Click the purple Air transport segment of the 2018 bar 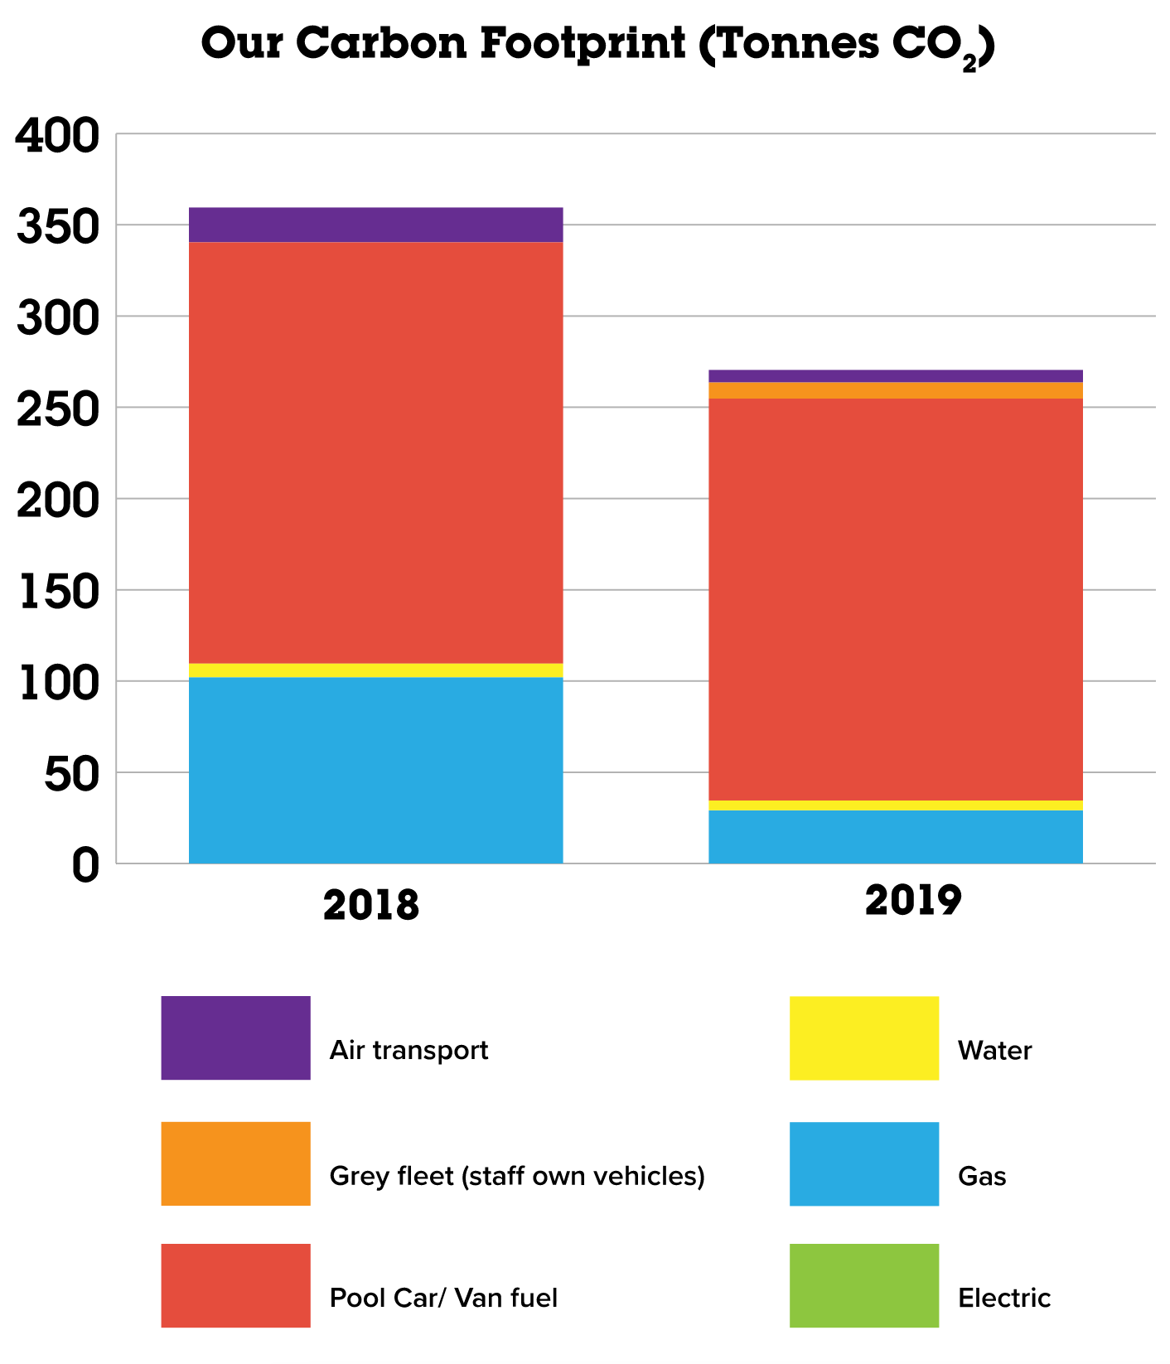375,225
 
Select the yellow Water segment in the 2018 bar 375,670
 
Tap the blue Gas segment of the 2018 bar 375,770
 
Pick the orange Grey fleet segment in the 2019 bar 895,390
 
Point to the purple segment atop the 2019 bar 895,376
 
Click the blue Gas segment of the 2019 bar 895,836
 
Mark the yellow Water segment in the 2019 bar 895,805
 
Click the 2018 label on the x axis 371,905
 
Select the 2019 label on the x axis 912,900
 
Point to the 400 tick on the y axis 57,135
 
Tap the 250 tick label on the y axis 57,409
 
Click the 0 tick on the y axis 85,865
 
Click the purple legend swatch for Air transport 235,1038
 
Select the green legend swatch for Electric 863,1285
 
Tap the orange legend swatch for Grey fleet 235,1163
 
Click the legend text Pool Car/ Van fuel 443,1297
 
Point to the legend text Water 994,1051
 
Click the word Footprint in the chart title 583,43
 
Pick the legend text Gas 982,1176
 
